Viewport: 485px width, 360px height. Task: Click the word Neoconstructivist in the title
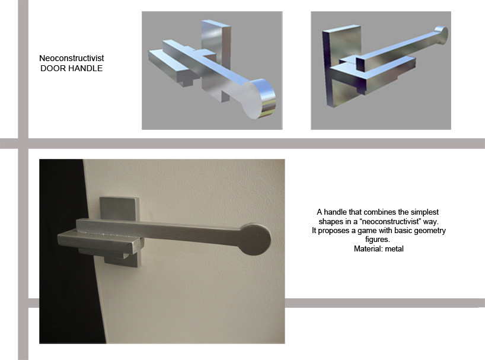tap(72, 58)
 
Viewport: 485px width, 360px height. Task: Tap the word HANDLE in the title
tap(84, 68)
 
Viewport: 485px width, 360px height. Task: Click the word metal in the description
tap(394, 249)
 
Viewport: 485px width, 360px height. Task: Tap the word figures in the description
tap(377, 240)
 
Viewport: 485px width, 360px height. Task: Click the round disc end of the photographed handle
tap(255, 240)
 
